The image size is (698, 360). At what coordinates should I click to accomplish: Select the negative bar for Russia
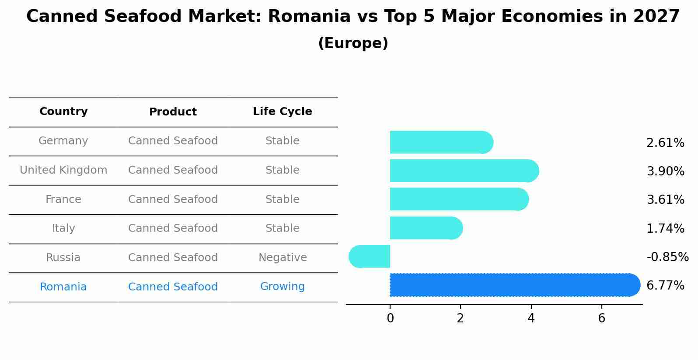tap(370, 256)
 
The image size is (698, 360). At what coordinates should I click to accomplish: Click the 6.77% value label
tap(665, 286)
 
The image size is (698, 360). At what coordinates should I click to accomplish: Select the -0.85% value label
tap(667, 257)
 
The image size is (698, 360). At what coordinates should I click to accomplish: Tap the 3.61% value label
tap(665, 200)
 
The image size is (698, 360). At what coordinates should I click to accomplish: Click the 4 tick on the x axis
tap(531, 318)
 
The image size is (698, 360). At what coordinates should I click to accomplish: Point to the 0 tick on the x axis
tap(390, 318)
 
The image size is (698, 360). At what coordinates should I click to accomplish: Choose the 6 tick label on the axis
tap(601, 318)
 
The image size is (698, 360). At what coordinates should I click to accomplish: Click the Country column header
tap(63, 112)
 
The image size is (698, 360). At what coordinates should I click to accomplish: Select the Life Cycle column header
tap(282, 112)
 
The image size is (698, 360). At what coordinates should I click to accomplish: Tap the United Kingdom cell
tap(63, 170)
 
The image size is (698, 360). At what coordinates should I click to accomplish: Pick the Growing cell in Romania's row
tap(282, 287)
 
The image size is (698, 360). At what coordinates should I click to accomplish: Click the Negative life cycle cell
tap(282, 258)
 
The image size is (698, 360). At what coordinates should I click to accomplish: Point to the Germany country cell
tap(63, 141)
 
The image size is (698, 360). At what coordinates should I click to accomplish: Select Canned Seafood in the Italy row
tap(173, 228)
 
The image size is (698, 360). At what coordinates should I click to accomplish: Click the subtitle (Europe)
tap(353, 43)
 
